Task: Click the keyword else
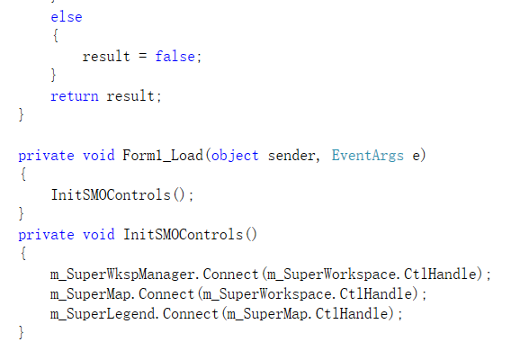click(x=67, y=17)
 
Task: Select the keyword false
click(x=175, y=57)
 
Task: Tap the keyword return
click(x=75, y=96)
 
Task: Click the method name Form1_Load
click(x=163, y=155)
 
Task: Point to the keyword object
click(x=235, y=156)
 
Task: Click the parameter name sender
click(x=291, y=156)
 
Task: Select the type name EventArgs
click(x=368, y=156)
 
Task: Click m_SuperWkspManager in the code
click(x=122, y=274)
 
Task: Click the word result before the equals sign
click(x=106, y=57)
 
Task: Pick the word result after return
click(x=130, y=96)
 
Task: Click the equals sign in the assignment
click(x=142, y=56)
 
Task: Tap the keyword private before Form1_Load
click(x=46, y=156)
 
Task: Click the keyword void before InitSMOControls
click(x=99, y=235)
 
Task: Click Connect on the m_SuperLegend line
click(x=191, y=314)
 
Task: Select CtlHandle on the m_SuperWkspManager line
click(x=441, y=274)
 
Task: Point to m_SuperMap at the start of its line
click(x=90, y=294)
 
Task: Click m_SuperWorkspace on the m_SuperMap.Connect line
click(x=267, y=294)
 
